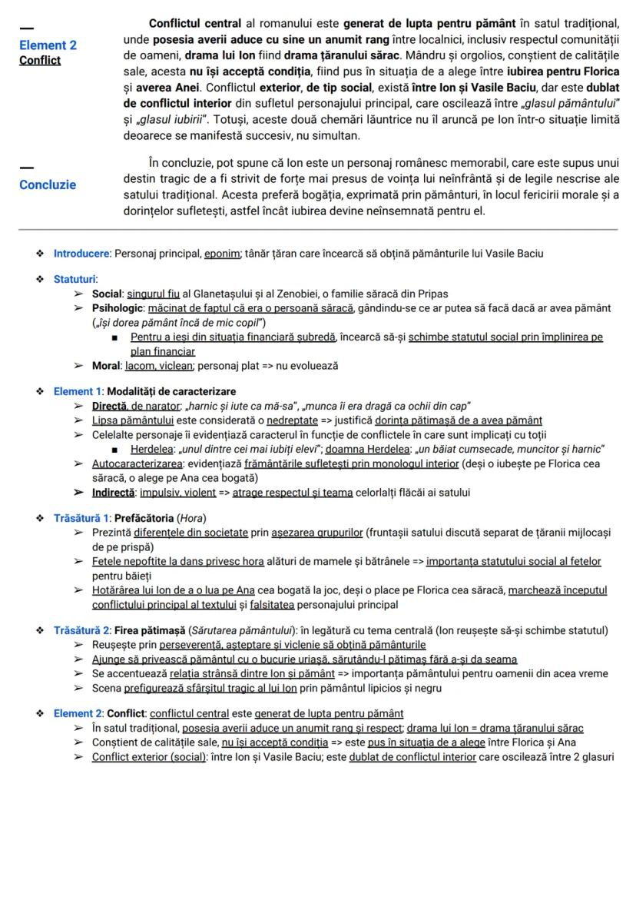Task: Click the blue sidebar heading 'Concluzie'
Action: click(x=48, y=184)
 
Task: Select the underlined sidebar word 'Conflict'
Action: click(x=40, y=60)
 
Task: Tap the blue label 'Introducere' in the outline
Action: click(x=81, y=253)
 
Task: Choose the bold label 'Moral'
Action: click(x=106, y=366)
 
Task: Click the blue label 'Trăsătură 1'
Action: click(x=81, y=517)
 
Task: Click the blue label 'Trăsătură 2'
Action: click(x=81, y=630)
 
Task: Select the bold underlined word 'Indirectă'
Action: click(x=114, y=492)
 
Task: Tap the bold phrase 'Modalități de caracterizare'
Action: click(x=171, y=391)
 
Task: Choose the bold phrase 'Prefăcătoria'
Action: click(x=144, y=517)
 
